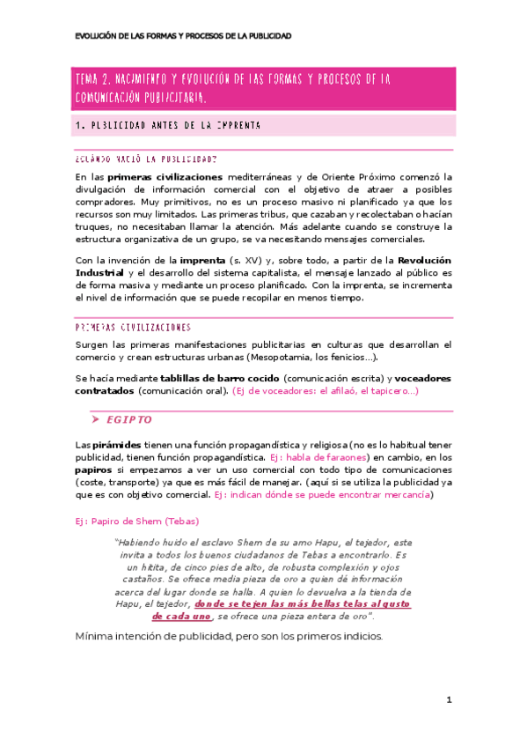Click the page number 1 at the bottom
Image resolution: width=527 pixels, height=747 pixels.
click(449, 700)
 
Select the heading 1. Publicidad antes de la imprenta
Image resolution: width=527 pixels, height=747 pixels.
click(168, 125)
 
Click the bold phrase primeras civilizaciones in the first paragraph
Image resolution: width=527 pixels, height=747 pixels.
click(163, 176)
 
